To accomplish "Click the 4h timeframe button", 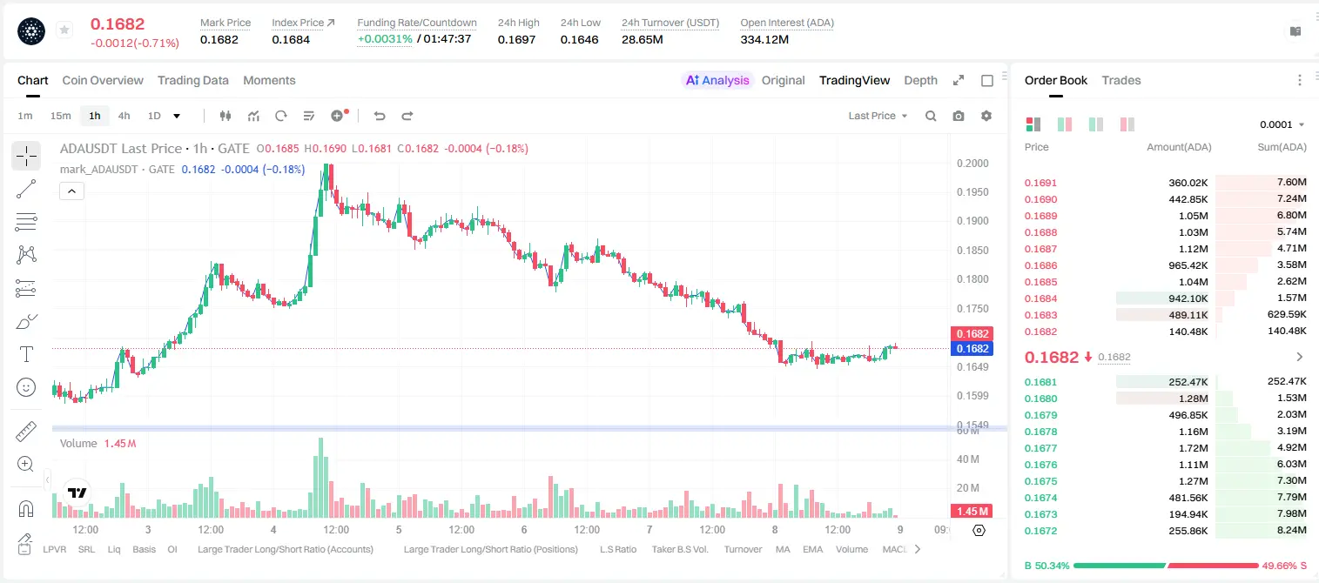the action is coord(124,116).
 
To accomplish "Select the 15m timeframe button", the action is coord(61,116).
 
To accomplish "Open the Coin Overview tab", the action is coord(103,80).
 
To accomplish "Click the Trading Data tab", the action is coord(192,80).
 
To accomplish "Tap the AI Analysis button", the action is coord(717,80).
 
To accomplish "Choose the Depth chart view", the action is coord(920,80).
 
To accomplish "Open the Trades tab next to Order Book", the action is coord(1121,80).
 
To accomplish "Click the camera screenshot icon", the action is coord(959,116).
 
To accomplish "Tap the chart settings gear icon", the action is coord(986,116).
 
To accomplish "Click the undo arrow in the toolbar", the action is coord(380,116).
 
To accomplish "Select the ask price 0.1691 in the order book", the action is coord(1040,183).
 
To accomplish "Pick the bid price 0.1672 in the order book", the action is coord(1040,531).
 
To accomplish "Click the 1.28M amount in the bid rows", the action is coord(1193,399).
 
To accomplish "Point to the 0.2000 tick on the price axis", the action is coord(972,163).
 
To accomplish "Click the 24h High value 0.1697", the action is coord(516,39).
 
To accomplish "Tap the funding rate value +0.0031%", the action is coord(385,39).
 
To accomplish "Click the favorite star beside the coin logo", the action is coord(64,30).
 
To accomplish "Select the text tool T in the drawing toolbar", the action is coord(26,355).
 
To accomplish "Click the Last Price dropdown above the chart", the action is coord(878,116).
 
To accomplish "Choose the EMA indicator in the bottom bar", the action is coord(812,549).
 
